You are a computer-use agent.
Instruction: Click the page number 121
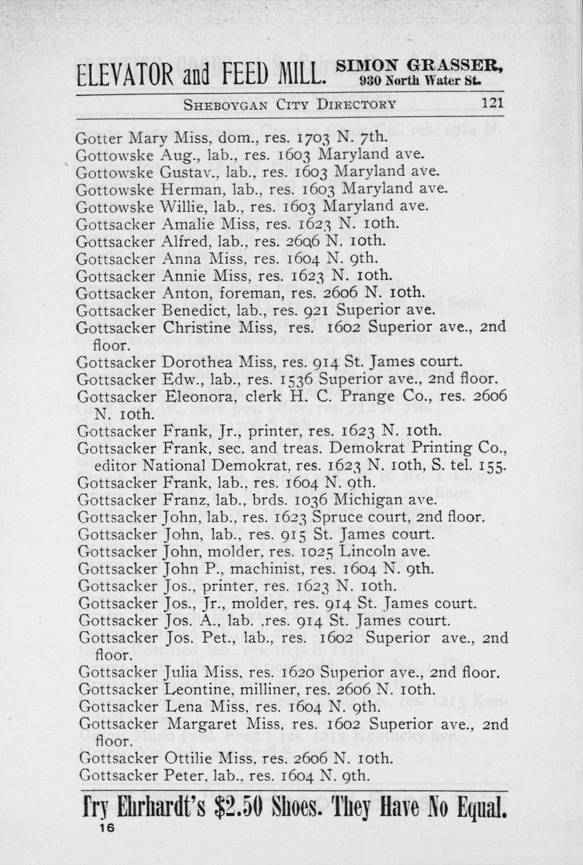[x=491, y=104]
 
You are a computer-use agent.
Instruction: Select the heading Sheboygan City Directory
[x=290, y=105]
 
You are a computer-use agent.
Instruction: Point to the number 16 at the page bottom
[x=105, y=827]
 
